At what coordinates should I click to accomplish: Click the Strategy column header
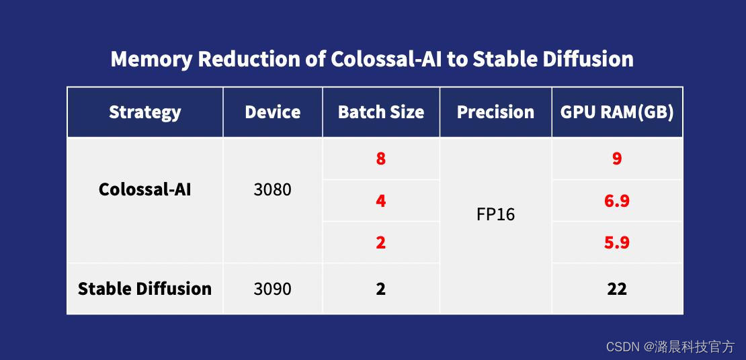[144, 112]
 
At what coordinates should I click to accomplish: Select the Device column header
[273, 111]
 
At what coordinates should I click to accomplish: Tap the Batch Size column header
[380, 111]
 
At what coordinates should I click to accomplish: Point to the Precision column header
[495, 111]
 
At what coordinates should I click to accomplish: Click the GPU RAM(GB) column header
[617, 111]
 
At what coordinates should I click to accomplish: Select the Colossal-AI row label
[144, 189]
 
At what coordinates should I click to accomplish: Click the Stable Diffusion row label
[144, 289]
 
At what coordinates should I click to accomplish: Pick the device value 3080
[273, 190]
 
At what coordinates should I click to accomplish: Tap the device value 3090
[273, 289]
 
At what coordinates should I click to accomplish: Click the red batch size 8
[380, 159]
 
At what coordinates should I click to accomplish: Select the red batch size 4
[380, 201]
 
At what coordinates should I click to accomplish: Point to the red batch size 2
[380, 242]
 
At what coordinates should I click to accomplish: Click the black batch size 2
[380, 289]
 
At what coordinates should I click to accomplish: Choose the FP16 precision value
[495, 214]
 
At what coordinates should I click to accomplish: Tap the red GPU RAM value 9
[617, 159]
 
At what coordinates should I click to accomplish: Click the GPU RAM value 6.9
[617, 201]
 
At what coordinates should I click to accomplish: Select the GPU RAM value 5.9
[617, 242]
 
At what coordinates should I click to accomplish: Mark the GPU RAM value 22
[617, 289]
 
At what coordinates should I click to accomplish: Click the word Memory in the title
[152, 60]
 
